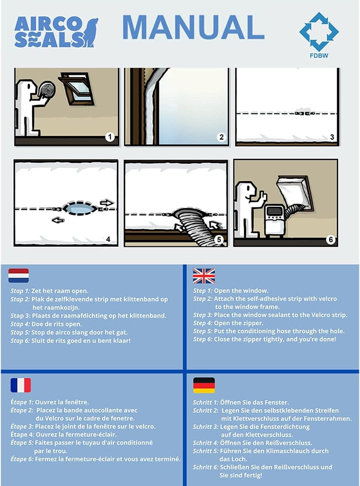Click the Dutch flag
pyautogui.click(x=18, y=276)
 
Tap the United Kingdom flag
pyautogui.click(x=203, y=276)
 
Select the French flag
pyautogui.click(x=20, y=385)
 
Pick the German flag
pyautogui.click(x=204, y=385)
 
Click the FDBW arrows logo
pyautogui.click(x=318, y=31)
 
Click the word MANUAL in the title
pyautogui.click(x=193, y=27)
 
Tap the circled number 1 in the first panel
pyautogui.click(x=109, y=137)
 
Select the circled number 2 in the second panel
pyautogui.click(x=221, y=137)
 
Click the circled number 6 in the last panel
pyautogui.click(x=331, y=240)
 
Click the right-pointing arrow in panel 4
pyautogui.click(x=106, y=203)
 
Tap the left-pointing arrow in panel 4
pyautogui.click(x=58, y=220)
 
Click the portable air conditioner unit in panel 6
pyautogui.click(x=274, y=220)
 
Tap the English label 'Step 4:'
pyautogui.click(x=202, y=323)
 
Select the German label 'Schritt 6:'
pyautogui.click(x=205, y=467)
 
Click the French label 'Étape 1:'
pyautogui.click(x=21, y=402)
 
